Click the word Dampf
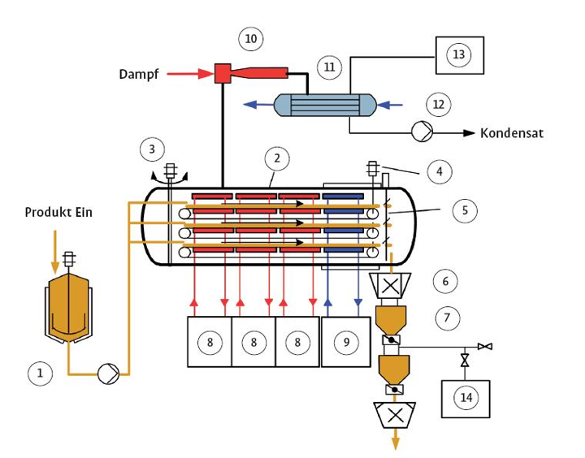139,74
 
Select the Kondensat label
512,133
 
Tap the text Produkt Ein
58,212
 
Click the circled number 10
251,39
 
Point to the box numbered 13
460,55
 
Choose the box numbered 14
466,399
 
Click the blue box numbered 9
346,342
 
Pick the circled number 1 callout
40,374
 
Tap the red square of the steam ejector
223,73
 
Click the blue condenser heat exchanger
324,106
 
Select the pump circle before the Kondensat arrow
422,132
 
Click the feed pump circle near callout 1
108,374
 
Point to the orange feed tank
68,308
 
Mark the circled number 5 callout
465,210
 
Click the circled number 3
152,149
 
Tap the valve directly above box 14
465,361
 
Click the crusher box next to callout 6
390,286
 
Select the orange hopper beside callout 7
391,320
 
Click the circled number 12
439,104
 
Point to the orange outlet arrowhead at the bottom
396,443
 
